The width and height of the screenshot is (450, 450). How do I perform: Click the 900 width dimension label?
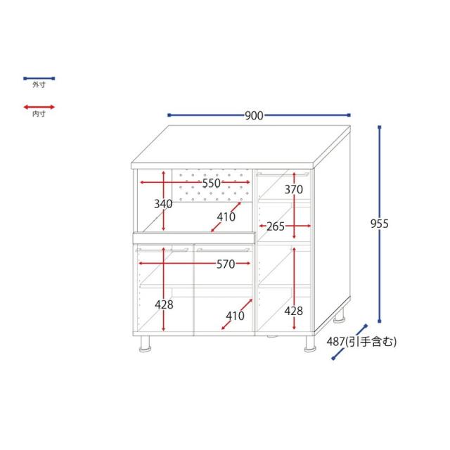[254, 115]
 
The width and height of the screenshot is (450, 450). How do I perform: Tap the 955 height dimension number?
[380, 224]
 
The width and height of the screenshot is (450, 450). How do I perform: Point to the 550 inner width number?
[211, 183]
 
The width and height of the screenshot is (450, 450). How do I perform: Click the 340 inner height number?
[163, 204]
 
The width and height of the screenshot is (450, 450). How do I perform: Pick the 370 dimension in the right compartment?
[294, 189]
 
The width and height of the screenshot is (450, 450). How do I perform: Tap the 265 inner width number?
[276, 226]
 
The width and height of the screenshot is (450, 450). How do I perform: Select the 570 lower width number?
[226, 264]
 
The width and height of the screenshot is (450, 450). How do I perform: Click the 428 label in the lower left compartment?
[164, 304]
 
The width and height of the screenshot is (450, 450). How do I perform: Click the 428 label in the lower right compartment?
[294, 311]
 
